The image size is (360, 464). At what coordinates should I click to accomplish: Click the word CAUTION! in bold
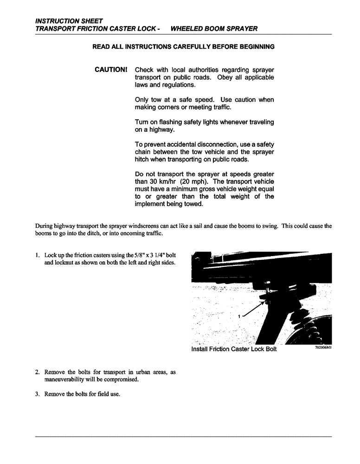[x=111, y=70]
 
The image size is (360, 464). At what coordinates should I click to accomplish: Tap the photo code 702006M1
[x=321, y=348]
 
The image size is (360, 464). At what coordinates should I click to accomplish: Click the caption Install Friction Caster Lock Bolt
[x=234, y=349]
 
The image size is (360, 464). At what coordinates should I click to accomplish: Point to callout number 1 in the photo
[x=239, y=316]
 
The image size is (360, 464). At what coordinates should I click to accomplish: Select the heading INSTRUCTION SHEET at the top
[x=69, y=21]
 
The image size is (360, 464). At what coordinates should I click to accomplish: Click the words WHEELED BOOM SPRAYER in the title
[x=214, y=29]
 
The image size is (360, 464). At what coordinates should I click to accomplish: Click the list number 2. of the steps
[x=38, y=373]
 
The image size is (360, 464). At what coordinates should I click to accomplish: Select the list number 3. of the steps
[x=38, y=395]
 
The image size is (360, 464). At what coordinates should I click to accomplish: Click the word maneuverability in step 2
[x=64, y=380]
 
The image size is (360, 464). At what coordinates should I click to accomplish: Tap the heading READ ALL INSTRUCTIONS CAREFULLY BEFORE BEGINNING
[x=183, y=47]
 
